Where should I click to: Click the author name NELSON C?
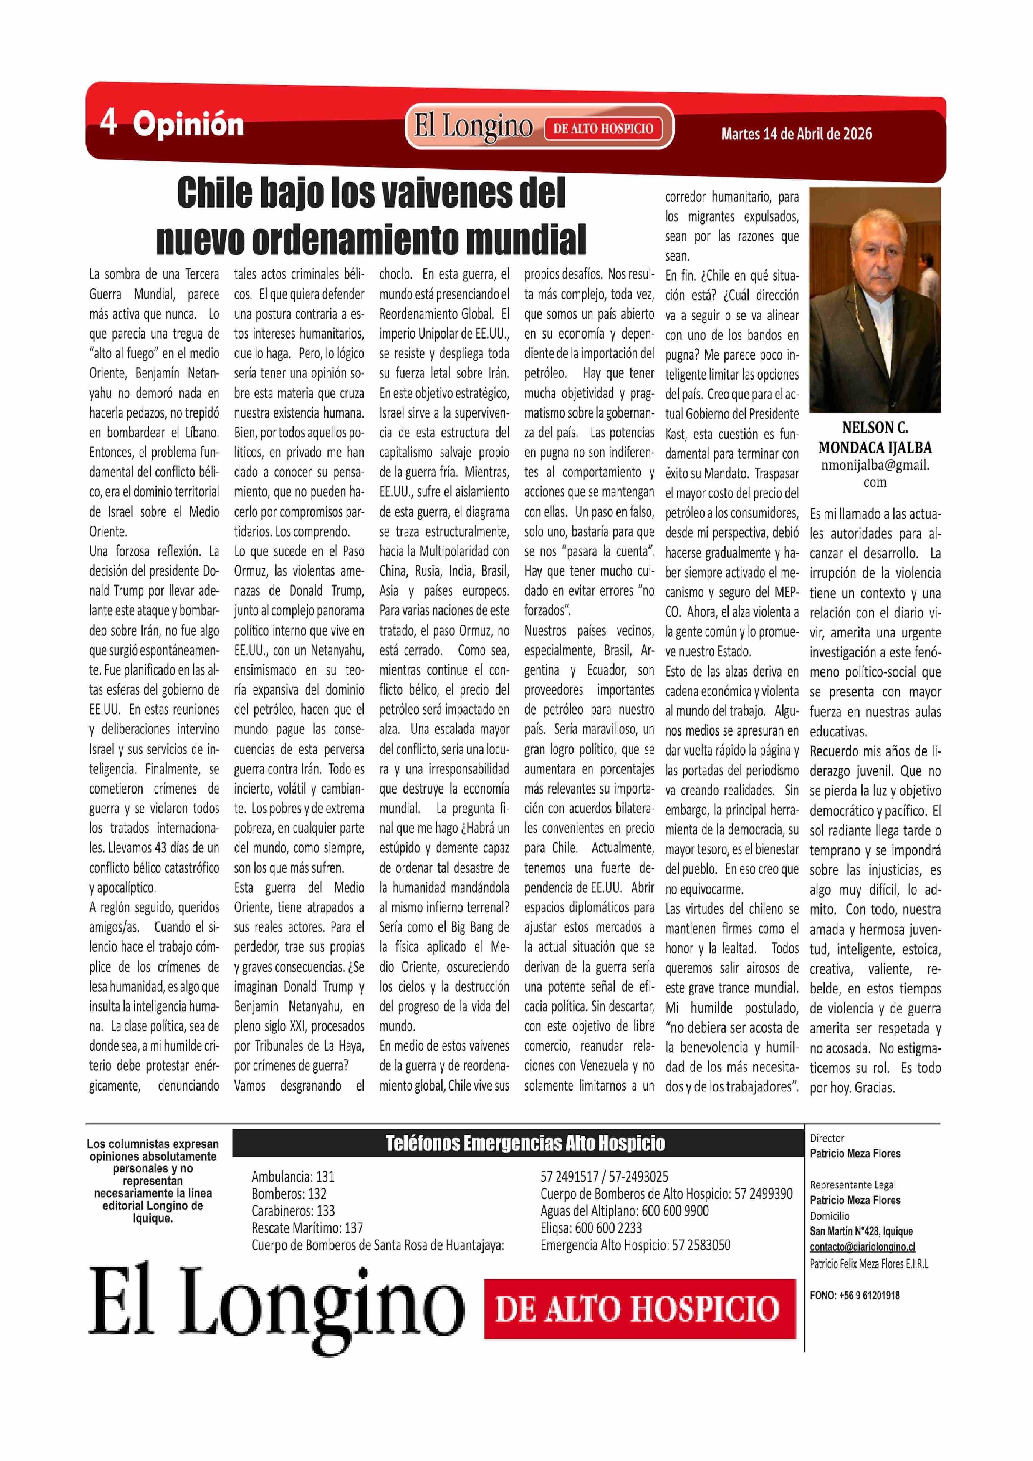pyautogui.click(x=875, y=428)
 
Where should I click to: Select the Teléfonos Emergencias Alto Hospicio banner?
pyautogui.click(x=525, y=1144)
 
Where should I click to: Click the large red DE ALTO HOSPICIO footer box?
pyautogui.click(x=640, y=1309)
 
